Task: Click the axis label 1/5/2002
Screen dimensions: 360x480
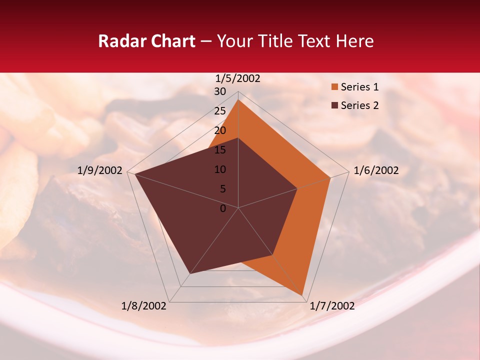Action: [x=238, y=78]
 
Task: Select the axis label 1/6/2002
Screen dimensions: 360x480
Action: [x=376, y=170]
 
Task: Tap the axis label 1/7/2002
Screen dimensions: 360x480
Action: [x=332, y=306]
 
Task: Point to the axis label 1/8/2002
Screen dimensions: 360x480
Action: [x=144, y=306]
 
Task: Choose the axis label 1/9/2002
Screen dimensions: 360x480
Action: [x=100, y=170]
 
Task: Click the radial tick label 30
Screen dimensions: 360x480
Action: [x=220, y=91]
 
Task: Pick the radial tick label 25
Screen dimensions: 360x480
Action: [x=220, y=111]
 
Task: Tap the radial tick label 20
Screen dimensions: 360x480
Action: [x=220, y=130]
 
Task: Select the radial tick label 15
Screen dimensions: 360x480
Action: [x=220, y=150]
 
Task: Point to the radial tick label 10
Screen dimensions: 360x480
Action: [x=220, y=169]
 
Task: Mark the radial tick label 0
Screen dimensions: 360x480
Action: [x=223, y=208]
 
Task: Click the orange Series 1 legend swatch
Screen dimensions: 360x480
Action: [x=334, y=87]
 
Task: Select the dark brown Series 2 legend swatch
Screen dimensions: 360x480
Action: [x=334, y=105]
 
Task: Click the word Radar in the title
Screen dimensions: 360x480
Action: [x=121, y=41]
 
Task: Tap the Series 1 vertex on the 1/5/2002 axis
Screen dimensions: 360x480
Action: [x=238, y=100]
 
